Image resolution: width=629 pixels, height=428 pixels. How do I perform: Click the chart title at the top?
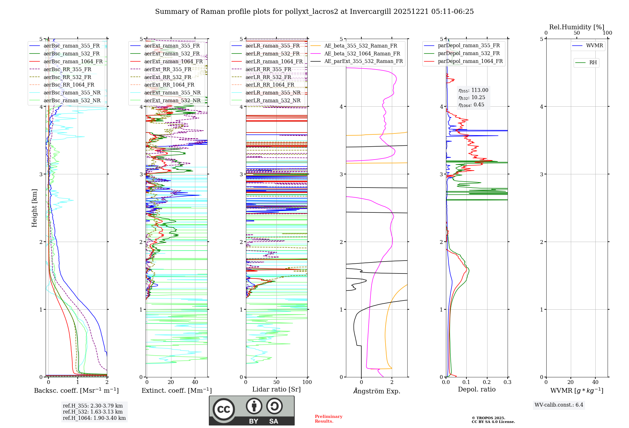[x=314, y=12]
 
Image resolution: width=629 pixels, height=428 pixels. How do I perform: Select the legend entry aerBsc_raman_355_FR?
[x=71, y=46]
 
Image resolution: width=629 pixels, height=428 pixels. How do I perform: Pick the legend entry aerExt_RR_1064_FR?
[x=169, y=85]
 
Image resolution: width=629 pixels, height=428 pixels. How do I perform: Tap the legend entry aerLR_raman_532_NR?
[x=273, y=101]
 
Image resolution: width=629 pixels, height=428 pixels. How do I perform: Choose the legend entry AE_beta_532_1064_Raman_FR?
[x=362, y=54]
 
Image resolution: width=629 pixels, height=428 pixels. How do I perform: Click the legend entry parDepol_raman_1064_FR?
[x=470, y=61]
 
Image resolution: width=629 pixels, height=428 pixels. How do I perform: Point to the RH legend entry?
[x=593, y=63]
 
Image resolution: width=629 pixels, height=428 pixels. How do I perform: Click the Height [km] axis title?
[x=34, y=208]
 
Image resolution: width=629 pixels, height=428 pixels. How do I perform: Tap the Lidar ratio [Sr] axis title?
[x=276, y=390]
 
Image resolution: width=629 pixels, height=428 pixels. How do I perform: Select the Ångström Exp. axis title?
[x=376, y=391]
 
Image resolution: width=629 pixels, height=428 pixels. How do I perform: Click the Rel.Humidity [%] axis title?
[x=576, y=27]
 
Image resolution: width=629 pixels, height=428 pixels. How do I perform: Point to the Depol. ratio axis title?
[x=476, y=390]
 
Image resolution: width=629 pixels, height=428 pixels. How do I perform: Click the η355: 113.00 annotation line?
[x=473, y=90]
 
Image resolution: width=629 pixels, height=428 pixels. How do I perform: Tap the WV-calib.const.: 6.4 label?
[x=559, y=405]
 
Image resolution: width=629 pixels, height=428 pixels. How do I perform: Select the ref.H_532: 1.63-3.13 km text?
[x=92, y=412]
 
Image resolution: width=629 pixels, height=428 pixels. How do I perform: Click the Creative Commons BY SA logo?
[x=252, y=410]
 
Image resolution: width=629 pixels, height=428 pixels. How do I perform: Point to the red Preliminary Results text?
[x=328, y=419]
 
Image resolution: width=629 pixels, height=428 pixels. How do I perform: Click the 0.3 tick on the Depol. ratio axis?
[x=507, y=382]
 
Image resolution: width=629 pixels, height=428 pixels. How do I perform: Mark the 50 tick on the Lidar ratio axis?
[x=276, y=382]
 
